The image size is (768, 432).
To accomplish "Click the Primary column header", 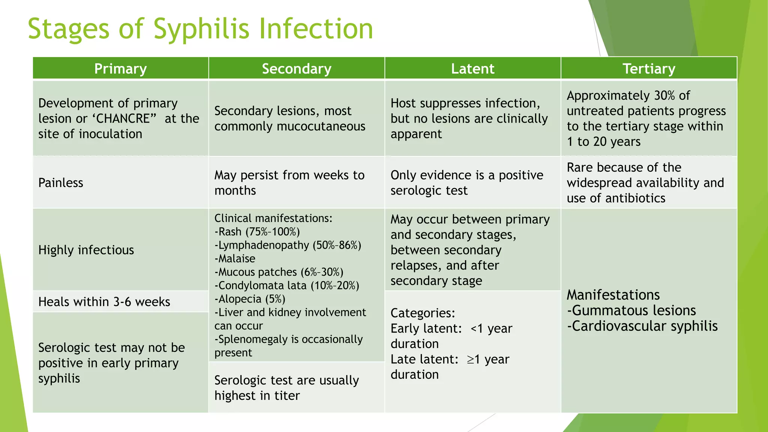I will [x=120, y=69].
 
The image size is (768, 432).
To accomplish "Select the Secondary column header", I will [x=296, y=69].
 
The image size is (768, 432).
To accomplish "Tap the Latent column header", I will [x=472, y=69].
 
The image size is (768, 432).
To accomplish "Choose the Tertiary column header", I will [x=649, y=69].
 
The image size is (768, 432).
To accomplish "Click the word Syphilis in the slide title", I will [x=201, y=29].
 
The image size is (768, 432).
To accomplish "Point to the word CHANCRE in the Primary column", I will [x=123, y=118].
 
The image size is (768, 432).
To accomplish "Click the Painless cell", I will [x=61, y=183].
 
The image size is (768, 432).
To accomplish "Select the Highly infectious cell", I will [x=86, y=250].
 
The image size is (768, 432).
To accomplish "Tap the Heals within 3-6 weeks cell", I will [x=104, y=301].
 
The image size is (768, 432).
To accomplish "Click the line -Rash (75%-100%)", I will [x=257, y=232].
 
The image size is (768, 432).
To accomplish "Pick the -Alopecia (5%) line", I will [x=250, y=299].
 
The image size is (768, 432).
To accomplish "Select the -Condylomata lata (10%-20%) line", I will [x=287, y=285].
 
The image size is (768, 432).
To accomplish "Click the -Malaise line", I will [x=235, y=259].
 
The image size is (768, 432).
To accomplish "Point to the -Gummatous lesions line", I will [x=631, y=310].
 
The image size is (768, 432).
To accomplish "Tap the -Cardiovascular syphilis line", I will [x=642, y=326].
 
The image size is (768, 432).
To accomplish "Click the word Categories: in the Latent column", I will [x=423, y=313].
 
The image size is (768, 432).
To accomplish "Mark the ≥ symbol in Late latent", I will [x=471, y=360].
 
